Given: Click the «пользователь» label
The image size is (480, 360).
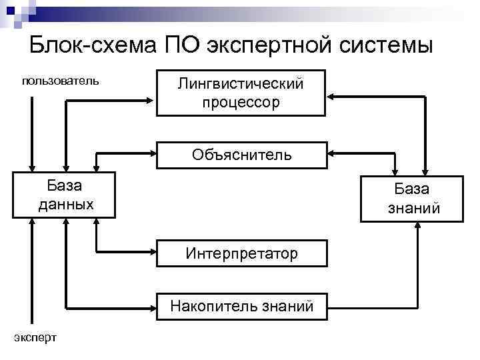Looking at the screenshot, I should pyautogui.click(x=61, y=81).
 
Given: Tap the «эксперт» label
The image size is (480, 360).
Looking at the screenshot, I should pyautogui.click(x=35, y=337).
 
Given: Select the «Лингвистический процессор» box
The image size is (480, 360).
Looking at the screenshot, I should pyautogui.click(x=241, y=93).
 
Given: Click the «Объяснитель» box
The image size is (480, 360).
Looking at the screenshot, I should pyautogui.click(x=241, y=155).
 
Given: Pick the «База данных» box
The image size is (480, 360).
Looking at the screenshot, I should pyautogui.click(x=64, y=195).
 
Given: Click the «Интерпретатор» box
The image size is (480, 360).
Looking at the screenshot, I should pyautogui.click(x=241, y=253).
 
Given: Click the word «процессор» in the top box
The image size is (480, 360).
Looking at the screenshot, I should pyautogui.click(x=241, y=103).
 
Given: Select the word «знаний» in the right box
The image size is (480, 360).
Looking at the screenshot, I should pyautogui.click(x=413, y=208).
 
